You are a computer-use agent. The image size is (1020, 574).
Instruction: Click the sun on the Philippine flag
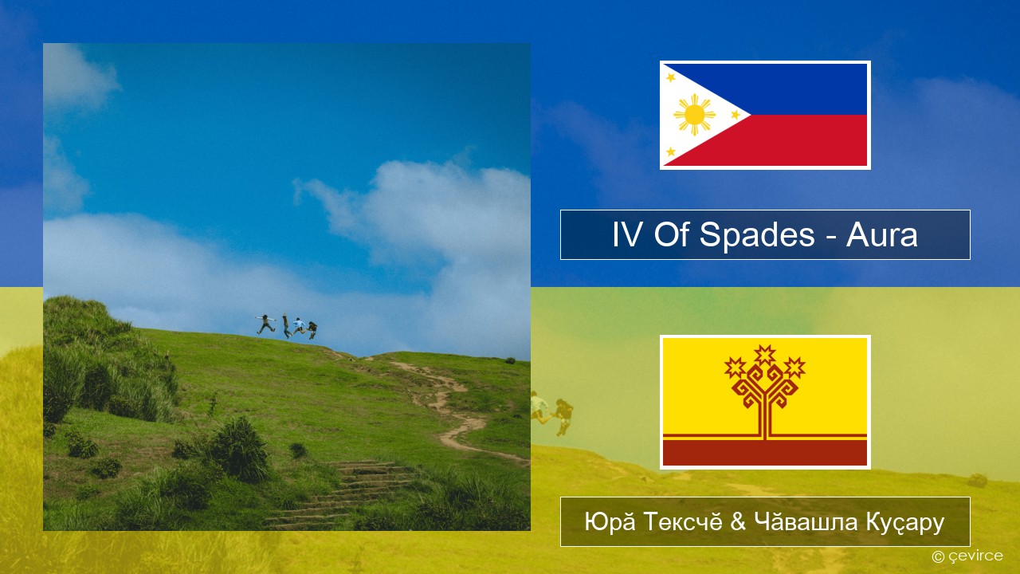click(x=694, y=115)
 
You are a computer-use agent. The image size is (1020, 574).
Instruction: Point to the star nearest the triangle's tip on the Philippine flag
click(x=736, y=115)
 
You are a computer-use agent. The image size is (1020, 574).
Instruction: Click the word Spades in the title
click(x=757, y=235)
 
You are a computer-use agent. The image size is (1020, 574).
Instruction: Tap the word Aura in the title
click(x=881, y=235)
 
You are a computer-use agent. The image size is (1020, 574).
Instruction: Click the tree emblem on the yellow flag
click(x=765, y=391)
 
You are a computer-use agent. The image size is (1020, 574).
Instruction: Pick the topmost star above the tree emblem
click(x=765, y=355)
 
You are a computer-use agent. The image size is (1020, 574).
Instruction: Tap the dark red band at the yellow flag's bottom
click(x=765, y=452)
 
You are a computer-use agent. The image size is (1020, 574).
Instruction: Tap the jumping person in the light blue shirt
click(x=299, y=326)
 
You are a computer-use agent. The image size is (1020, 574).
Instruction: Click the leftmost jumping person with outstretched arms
click(x=265, y=324)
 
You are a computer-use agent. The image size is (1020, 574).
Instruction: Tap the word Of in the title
click(x=671, y=235)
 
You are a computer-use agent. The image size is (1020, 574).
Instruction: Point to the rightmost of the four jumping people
click(x=312, y=330)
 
